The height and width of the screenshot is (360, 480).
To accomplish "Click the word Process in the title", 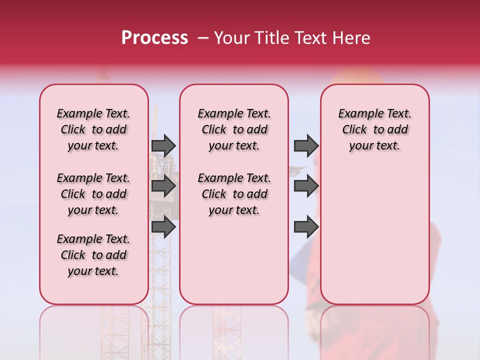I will click(x=154, y=38).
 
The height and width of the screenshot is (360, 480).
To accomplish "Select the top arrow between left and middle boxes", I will click(x=163, y=145).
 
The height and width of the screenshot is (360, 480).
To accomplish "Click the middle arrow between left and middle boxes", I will click(x=163, y=186).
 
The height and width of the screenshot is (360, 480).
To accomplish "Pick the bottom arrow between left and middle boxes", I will click(x=163, y=227).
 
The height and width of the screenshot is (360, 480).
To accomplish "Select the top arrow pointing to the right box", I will click(x=306, y=145).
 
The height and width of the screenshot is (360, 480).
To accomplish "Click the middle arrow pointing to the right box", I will click(x=306, y=186).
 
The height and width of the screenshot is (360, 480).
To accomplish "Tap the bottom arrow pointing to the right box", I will click(x=306, y=227).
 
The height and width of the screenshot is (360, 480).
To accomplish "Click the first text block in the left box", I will click(x=93, y=129).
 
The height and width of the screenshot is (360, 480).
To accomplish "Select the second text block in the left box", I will click(x=93, y=194).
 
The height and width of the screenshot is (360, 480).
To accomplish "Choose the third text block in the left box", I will click(x=93, y=255).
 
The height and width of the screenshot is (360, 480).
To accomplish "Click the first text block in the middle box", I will click(x=234, y=129).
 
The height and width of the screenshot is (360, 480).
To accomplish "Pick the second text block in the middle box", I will click(x=234, y=194).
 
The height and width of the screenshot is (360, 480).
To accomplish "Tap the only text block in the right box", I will click(x=374, y=129).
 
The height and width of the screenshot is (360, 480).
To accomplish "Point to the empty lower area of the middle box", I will click(x=234, y=260).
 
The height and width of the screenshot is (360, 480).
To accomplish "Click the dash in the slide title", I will click(x=203, y=38).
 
